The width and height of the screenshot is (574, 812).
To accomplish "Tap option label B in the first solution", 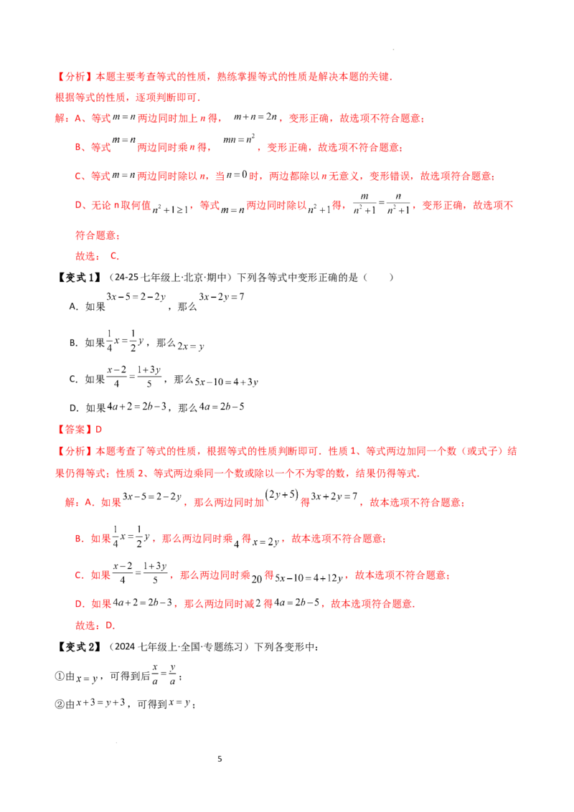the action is (x=77, y=148).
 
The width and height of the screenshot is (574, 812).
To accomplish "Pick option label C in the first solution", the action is (x=77, y=176).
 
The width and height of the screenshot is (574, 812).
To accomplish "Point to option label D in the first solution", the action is (x=77, y=206).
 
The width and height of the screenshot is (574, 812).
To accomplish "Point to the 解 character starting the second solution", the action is (x=67, y=504).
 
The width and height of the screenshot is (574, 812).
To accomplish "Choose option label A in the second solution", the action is (x=88, y=504).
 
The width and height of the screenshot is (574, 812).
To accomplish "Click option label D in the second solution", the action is (x=77, y=605).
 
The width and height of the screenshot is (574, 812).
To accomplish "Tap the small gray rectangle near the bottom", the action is (x=117, y=708).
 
